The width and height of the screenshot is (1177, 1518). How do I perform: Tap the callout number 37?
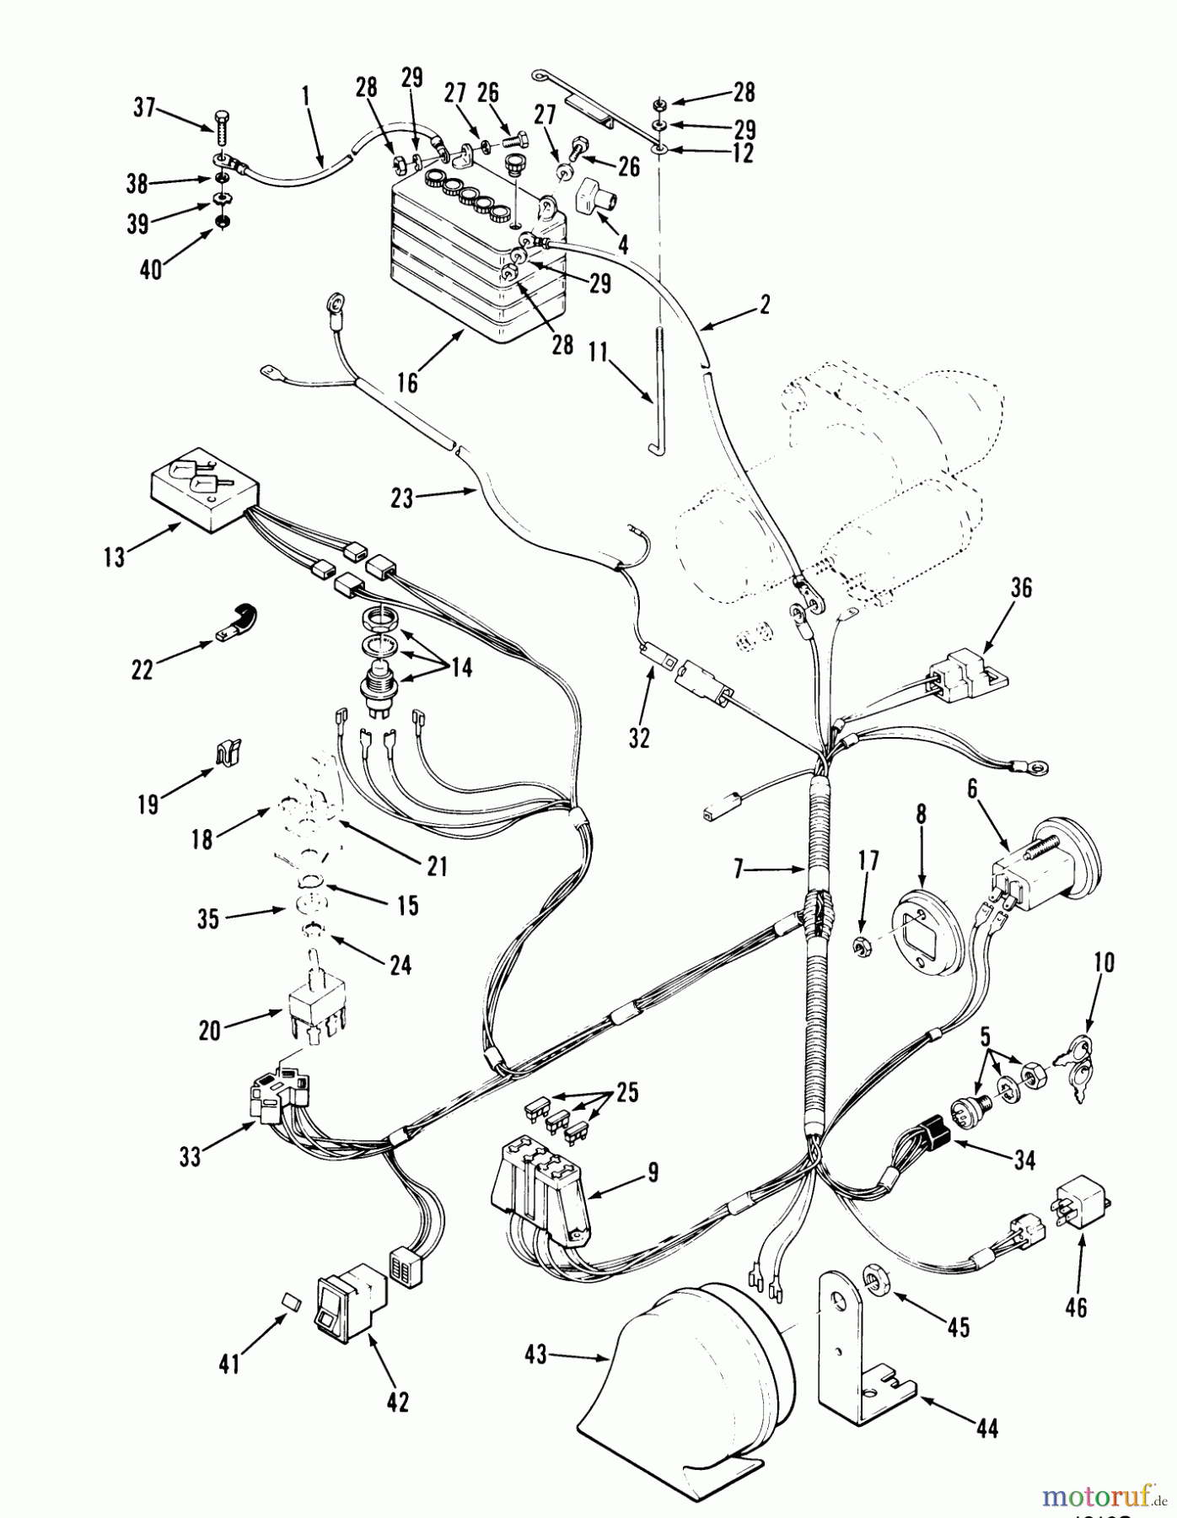point(145,108)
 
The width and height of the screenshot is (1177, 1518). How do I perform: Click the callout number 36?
point(1021,588)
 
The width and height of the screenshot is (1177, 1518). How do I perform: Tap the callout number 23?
point(401,498)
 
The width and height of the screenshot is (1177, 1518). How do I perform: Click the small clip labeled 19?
point(226,749)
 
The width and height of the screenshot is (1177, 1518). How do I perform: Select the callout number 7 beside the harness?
point(739,869)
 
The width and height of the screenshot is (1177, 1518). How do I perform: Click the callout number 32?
point(640,737)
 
